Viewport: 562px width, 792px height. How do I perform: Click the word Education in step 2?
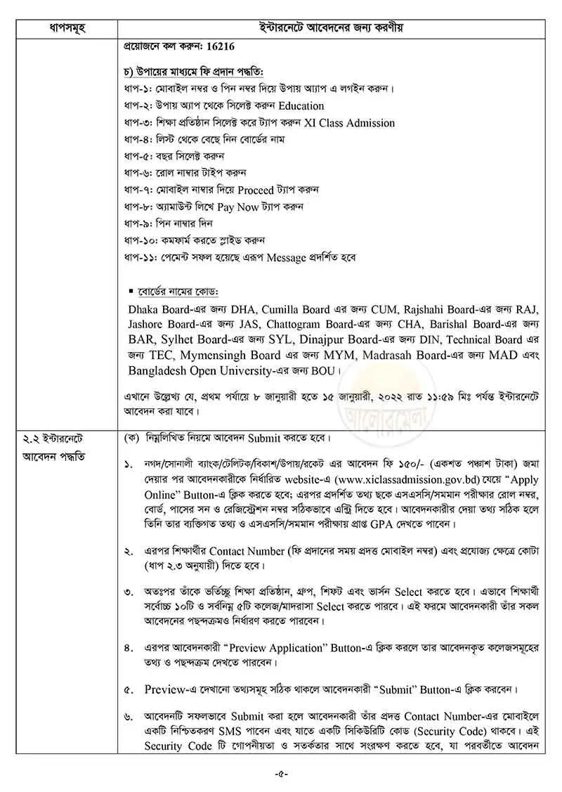(301, 106)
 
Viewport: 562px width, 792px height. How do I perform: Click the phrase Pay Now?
(236, 207)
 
